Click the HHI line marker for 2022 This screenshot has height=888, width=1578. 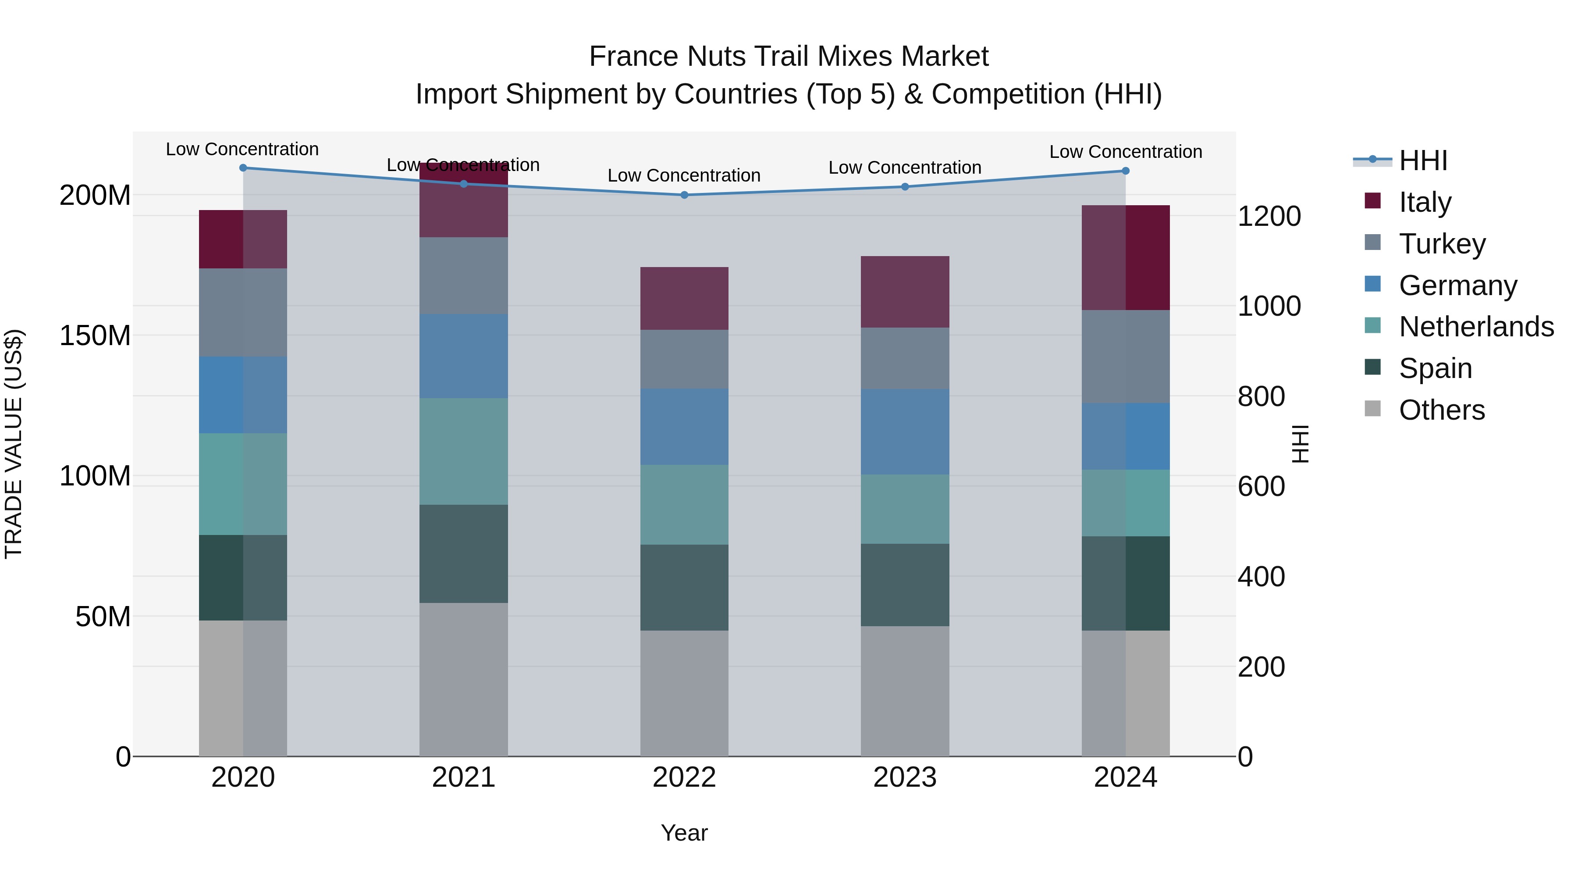click(x=684, y=195)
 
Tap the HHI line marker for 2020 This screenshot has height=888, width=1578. click(x=243, y=168)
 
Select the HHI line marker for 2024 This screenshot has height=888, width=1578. click(x=1125, y=171)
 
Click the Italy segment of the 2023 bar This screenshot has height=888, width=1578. click(x=905, y=292)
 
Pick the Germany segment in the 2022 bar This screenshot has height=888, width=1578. click(x=684, y=427)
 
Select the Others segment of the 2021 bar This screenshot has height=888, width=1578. click(x=464, y=679)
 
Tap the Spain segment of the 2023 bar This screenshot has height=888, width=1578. click(x=905, y=585)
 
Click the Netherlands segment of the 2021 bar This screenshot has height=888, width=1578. click(x=464, y=452)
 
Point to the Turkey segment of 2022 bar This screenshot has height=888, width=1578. click(x=684, y=359)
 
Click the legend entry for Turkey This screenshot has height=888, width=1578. click(x=1442, y=244)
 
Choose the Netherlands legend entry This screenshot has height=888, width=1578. click(x=1476, y=327)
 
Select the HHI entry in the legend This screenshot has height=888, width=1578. click(x=1423, y=160)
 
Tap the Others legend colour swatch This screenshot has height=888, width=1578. click(x=1373, y=409)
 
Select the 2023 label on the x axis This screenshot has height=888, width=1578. click(x=905, y=777)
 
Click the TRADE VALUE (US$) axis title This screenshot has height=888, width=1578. click(x=14, y=444)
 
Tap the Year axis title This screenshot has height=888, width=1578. click(x=684, y=833)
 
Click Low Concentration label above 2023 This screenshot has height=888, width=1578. click(x=905, y=168)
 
